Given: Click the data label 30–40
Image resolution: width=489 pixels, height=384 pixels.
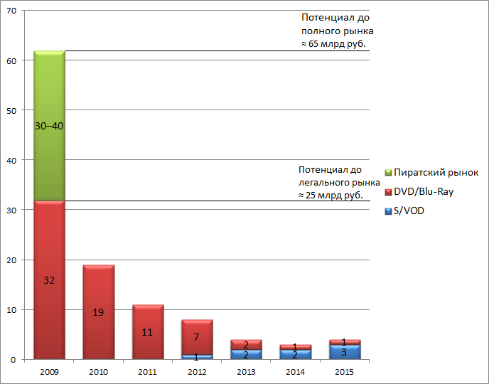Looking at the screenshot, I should click(x=49, y=126).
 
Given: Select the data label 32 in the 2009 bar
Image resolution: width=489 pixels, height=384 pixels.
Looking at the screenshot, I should click(x=49, y=280).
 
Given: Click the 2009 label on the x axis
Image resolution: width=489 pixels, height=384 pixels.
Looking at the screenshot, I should click(x=49, y=372).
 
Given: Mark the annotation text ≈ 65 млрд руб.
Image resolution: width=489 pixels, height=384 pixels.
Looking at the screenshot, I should click(x=338, y=44).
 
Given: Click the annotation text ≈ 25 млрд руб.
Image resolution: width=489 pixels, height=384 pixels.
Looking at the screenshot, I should click(x=331, y=195).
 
